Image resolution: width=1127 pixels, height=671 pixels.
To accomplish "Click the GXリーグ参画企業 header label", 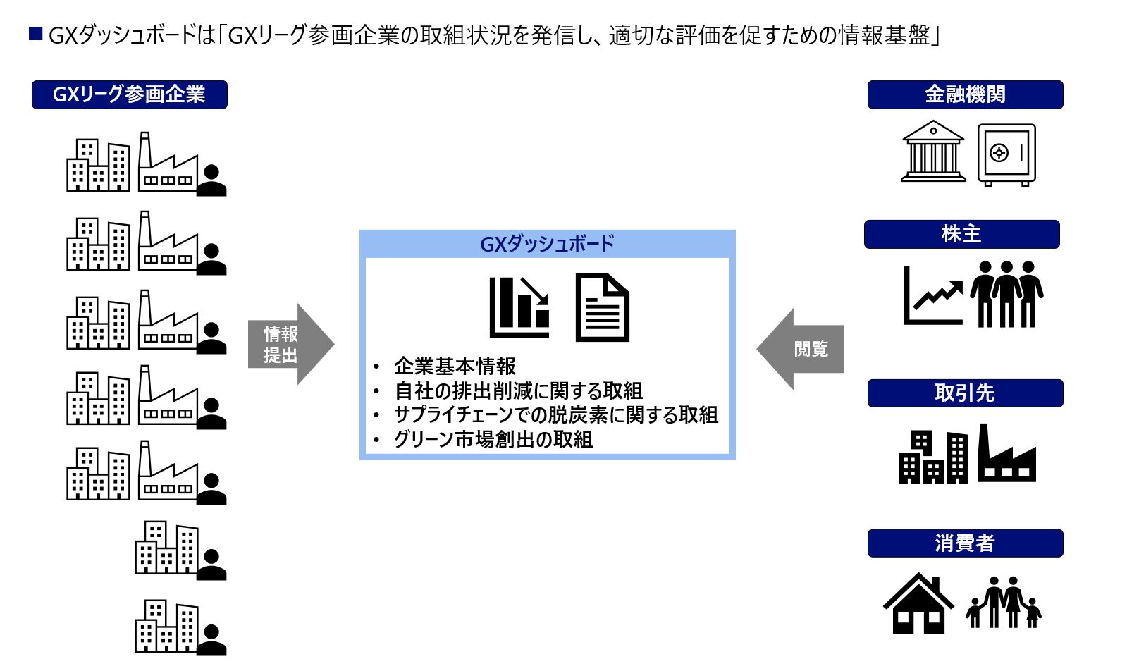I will (129, 94).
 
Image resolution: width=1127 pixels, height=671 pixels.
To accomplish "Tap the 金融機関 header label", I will (965, 94).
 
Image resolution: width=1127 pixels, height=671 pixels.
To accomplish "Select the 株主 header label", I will (961, 234).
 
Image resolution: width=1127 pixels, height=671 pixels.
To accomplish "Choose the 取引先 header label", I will (965, 393).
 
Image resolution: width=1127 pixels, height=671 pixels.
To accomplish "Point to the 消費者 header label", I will (965, 543).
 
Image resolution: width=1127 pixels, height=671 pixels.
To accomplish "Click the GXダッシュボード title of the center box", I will (547, 244).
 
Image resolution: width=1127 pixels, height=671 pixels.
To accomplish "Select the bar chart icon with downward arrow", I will (519, 307).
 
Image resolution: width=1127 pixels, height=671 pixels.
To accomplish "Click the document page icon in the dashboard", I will (602, 308).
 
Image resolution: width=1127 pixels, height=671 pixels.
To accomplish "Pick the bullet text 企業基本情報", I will (455, 367).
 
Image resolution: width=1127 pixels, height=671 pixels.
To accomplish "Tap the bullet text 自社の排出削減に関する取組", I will (518, 390).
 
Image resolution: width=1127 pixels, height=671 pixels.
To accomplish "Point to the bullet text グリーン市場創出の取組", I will (493, 440).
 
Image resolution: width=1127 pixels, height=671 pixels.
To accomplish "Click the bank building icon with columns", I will (933, 152).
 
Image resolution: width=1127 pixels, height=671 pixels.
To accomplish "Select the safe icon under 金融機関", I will (1006, 155).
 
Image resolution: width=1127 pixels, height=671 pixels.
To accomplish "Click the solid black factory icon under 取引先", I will (1006, 455).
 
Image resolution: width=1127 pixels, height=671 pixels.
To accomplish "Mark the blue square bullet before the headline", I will (36, 33).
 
